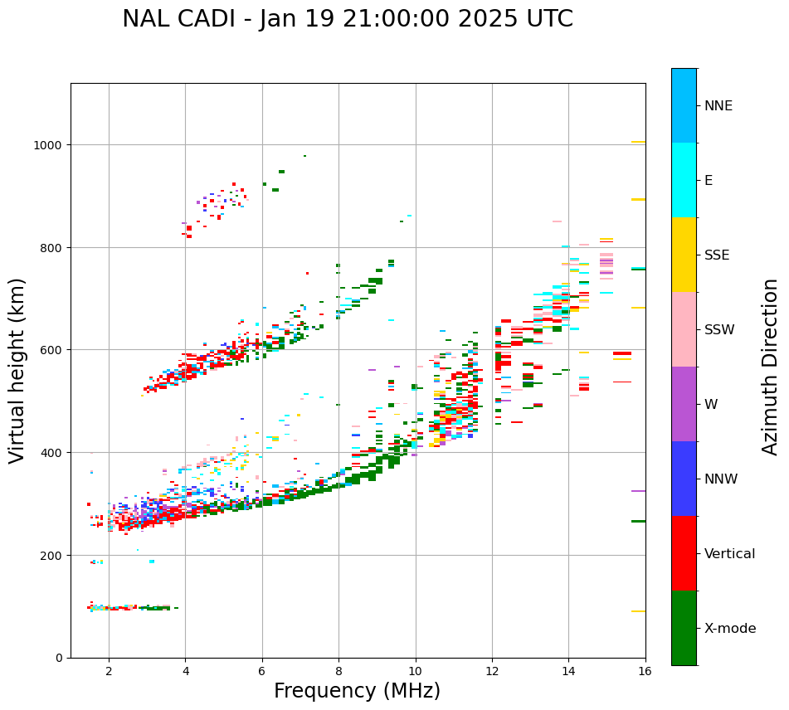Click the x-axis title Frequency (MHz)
(357, 691)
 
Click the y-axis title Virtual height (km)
(17, 370)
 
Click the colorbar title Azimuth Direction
(771, 367)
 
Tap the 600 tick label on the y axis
(53, 350)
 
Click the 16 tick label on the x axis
(645, 672)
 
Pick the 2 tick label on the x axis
(109, 672)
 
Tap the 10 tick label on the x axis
(415, 672)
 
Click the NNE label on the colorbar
(718, 105)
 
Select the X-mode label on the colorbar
(730, 629)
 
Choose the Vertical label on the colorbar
(730, 554)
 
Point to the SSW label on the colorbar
(719, 330)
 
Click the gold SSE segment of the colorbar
(684, 255)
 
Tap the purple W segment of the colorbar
(684, 404)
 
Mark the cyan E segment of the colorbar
(684, 180)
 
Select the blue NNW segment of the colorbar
(684, 479)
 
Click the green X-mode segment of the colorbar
(684, 628)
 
